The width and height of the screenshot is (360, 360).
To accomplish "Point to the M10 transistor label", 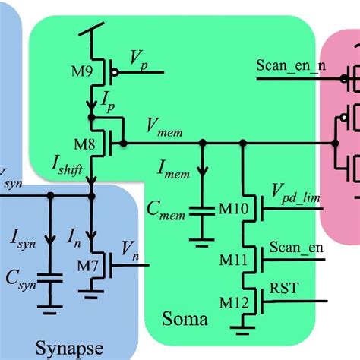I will tap(224, 207).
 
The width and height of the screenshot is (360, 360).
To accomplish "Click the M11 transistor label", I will tap(224, 261).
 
